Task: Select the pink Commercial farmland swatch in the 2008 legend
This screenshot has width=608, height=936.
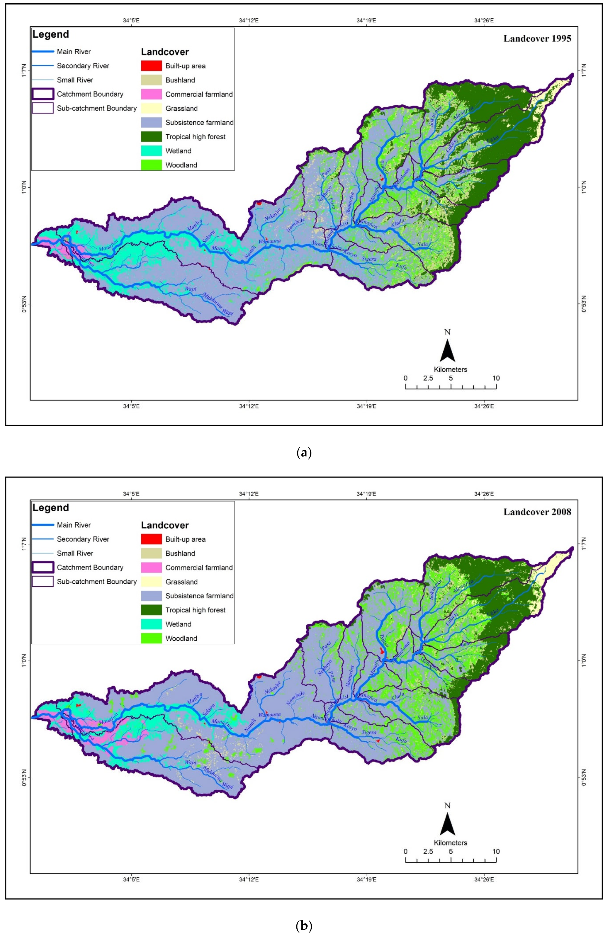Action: pos(151,567)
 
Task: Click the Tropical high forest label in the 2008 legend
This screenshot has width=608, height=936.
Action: pos(195,610)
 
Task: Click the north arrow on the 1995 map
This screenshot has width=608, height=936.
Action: pos(448,350)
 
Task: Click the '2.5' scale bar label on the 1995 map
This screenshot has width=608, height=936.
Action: pos(428,378)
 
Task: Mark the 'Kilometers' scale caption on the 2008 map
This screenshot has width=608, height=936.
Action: pos(451,843)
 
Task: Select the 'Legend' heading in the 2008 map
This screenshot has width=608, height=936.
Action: pos(51,508)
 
